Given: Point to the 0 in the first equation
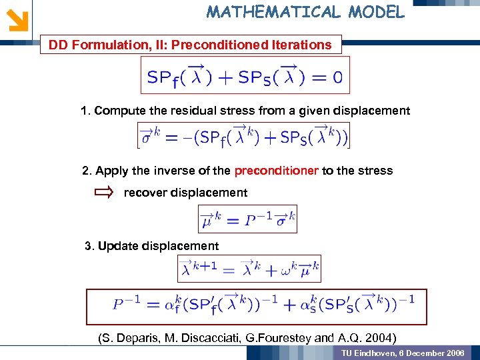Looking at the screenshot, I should point(337,77).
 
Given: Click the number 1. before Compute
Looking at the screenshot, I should point(85,111).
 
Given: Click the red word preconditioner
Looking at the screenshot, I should point(276,171).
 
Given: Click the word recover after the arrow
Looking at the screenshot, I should point(146,193).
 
